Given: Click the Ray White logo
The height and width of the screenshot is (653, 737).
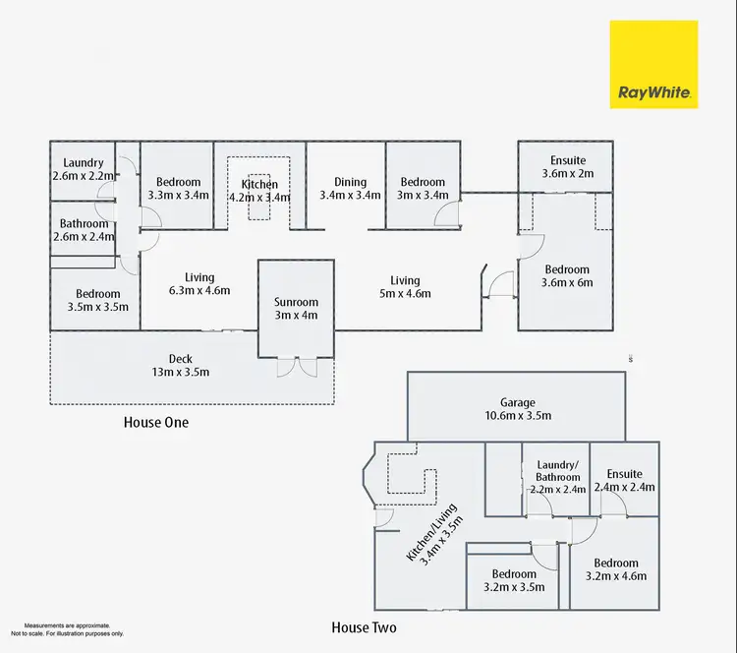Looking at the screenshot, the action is click(x=653, y=65).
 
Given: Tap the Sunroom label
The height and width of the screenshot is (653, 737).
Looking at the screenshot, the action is click(x=296, y=302).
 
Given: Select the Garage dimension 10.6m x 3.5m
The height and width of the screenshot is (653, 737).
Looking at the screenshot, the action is click(x=518, y=415).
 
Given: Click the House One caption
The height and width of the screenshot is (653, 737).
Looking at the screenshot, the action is click(x=156, y=422).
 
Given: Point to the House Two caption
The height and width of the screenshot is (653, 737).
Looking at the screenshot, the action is click(x=364, y=627).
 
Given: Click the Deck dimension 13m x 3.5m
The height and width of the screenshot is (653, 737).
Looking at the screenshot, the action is click(x=181, y=372).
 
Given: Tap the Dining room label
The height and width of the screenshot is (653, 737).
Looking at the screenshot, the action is click(x=350, y=182).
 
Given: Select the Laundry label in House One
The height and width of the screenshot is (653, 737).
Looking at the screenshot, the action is click(x=84, y=163).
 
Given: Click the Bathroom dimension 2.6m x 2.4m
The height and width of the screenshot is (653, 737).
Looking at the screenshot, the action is click(x=84, y=237).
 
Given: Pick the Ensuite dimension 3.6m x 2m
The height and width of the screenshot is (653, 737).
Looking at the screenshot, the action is click(x=568, y=173).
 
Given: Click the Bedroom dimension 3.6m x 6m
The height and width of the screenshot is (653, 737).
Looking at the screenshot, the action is click(x=567, y=282).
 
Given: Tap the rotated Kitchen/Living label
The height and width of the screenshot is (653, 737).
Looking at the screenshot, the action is click(x=434, y=534).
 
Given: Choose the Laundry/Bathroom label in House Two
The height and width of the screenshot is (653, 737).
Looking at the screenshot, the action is click(x=557, y=471).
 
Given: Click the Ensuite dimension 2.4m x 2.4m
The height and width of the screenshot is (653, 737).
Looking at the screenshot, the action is click(x=624, y=487).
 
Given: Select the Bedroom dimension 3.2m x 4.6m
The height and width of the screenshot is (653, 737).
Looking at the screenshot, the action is click(x=616, y=576).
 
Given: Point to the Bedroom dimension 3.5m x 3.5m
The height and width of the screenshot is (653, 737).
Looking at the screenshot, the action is click(x=97, y=307).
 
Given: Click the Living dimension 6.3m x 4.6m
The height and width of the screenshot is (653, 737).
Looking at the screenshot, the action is click(x=199, y=290).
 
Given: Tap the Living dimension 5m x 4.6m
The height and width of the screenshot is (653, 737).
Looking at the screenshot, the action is click(x=405, y=294).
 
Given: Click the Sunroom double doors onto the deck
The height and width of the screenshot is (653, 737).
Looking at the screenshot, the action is click(x=297, y=367).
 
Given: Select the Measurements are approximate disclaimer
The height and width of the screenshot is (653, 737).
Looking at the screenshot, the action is click(x=67, y=629).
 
